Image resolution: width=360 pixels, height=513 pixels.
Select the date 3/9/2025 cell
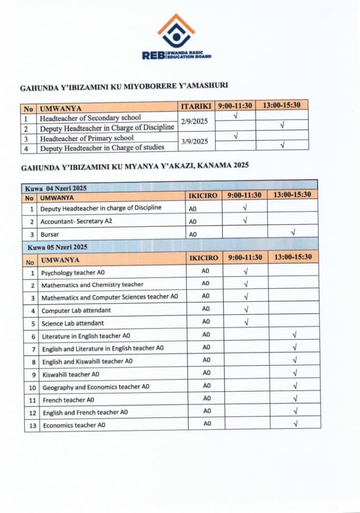[194, 141]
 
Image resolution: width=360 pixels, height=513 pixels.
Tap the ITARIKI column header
[196, 107]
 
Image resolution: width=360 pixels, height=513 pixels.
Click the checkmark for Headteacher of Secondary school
[235, 116]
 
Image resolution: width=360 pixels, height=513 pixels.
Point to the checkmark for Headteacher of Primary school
[235, 135]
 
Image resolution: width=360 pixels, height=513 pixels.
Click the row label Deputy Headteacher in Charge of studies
[102, 147]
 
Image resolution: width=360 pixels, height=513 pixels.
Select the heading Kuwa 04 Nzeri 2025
[56, 188]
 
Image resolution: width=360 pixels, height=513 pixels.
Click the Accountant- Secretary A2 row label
[76, 221]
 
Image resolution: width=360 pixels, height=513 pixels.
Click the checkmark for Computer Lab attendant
[246, 309]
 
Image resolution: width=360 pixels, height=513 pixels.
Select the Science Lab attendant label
[72, 323]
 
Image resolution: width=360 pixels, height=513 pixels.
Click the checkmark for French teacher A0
[295, 399]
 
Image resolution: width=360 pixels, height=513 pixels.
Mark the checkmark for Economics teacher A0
[295, 424]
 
